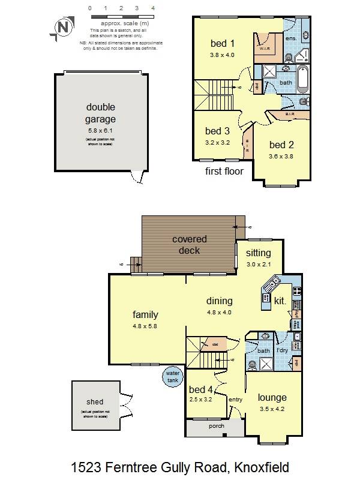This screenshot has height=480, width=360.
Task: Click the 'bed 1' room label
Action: (x=222, y=43)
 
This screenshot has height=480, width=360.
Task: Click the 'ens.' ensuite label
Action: (x=291, y=38)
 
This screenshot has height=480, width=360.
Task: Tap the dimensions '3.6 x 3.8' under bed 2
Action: (x=281, y=156)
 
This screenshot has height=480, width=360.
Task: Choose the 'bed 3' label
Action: (x=217, y=131)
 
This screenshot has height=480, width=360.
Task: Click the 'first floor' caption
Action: (x=224, y=171)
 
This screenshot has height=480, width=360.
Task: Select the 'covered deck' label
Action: (x=190, y=244)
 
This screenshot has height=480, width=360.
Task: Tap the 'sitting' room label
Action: (x=259, y=253)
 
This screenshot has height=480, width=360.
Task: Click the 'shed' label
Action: (x=95, y=402)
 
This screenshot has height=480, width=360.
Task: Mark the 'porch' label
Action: (x=215, y=427)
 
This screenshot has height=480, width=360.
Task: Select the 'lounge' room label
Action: (x=272, y=397)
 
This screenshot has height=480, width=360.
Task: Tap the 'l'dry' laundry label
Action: (x=282, y=350)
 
